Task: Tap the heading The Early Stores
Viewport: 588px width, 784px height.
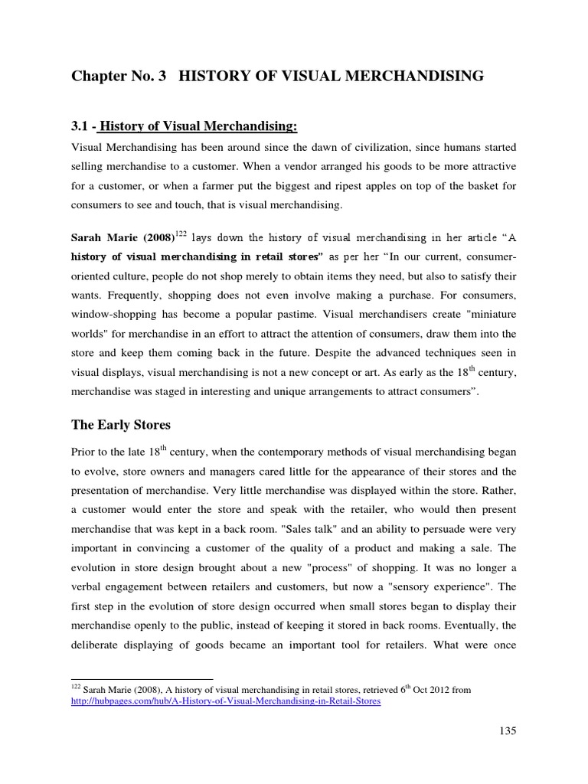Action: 121,425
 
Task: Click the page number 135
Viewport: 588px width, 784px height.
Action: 507,730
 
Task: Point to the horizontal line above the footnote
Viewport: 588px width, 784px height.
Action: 142,678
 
